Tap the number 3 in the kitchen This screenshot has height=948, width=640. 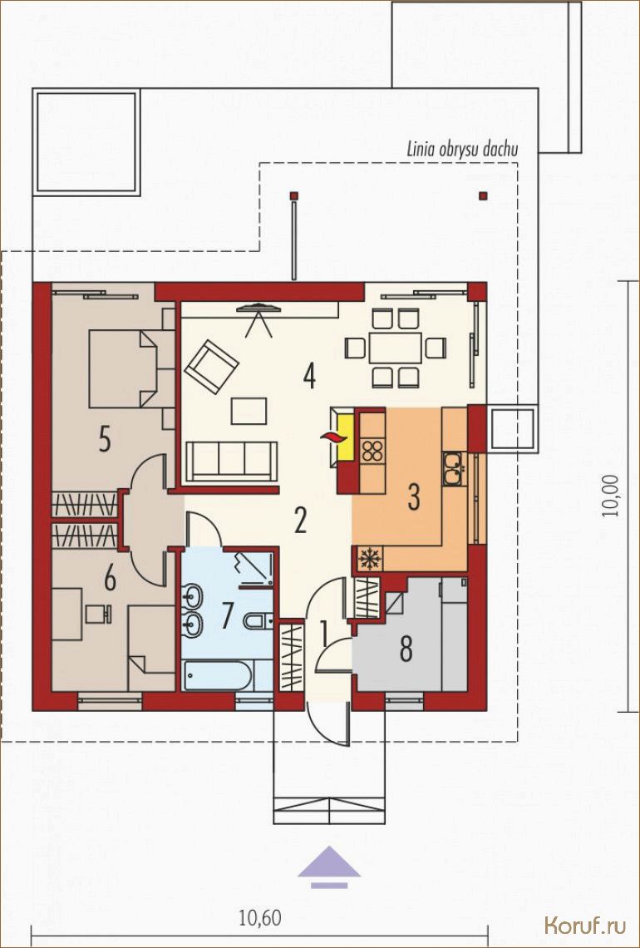(413, 496)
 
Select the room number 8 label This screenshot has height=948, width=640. (406, 649)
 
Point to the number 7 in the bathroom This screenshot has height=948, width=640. (227, 615)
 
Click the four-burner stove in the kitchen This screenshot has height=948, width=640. (372, 451)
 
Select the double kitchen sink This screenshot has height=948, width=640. (453, 468)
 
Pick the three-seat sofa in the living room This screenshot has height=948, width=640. (231, 462)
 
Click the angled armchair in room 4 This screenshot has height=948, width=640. (211, 367)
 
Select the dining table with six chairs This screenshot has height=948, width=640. (396, 348)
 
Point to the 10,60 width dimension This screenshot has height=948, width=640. (260, 918)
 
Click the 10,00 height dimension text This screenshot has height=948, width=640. (614, 494)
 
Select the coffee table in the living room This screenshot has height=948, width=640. (249, 411)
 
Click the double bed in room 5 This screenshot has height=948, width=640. (124, 368)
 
